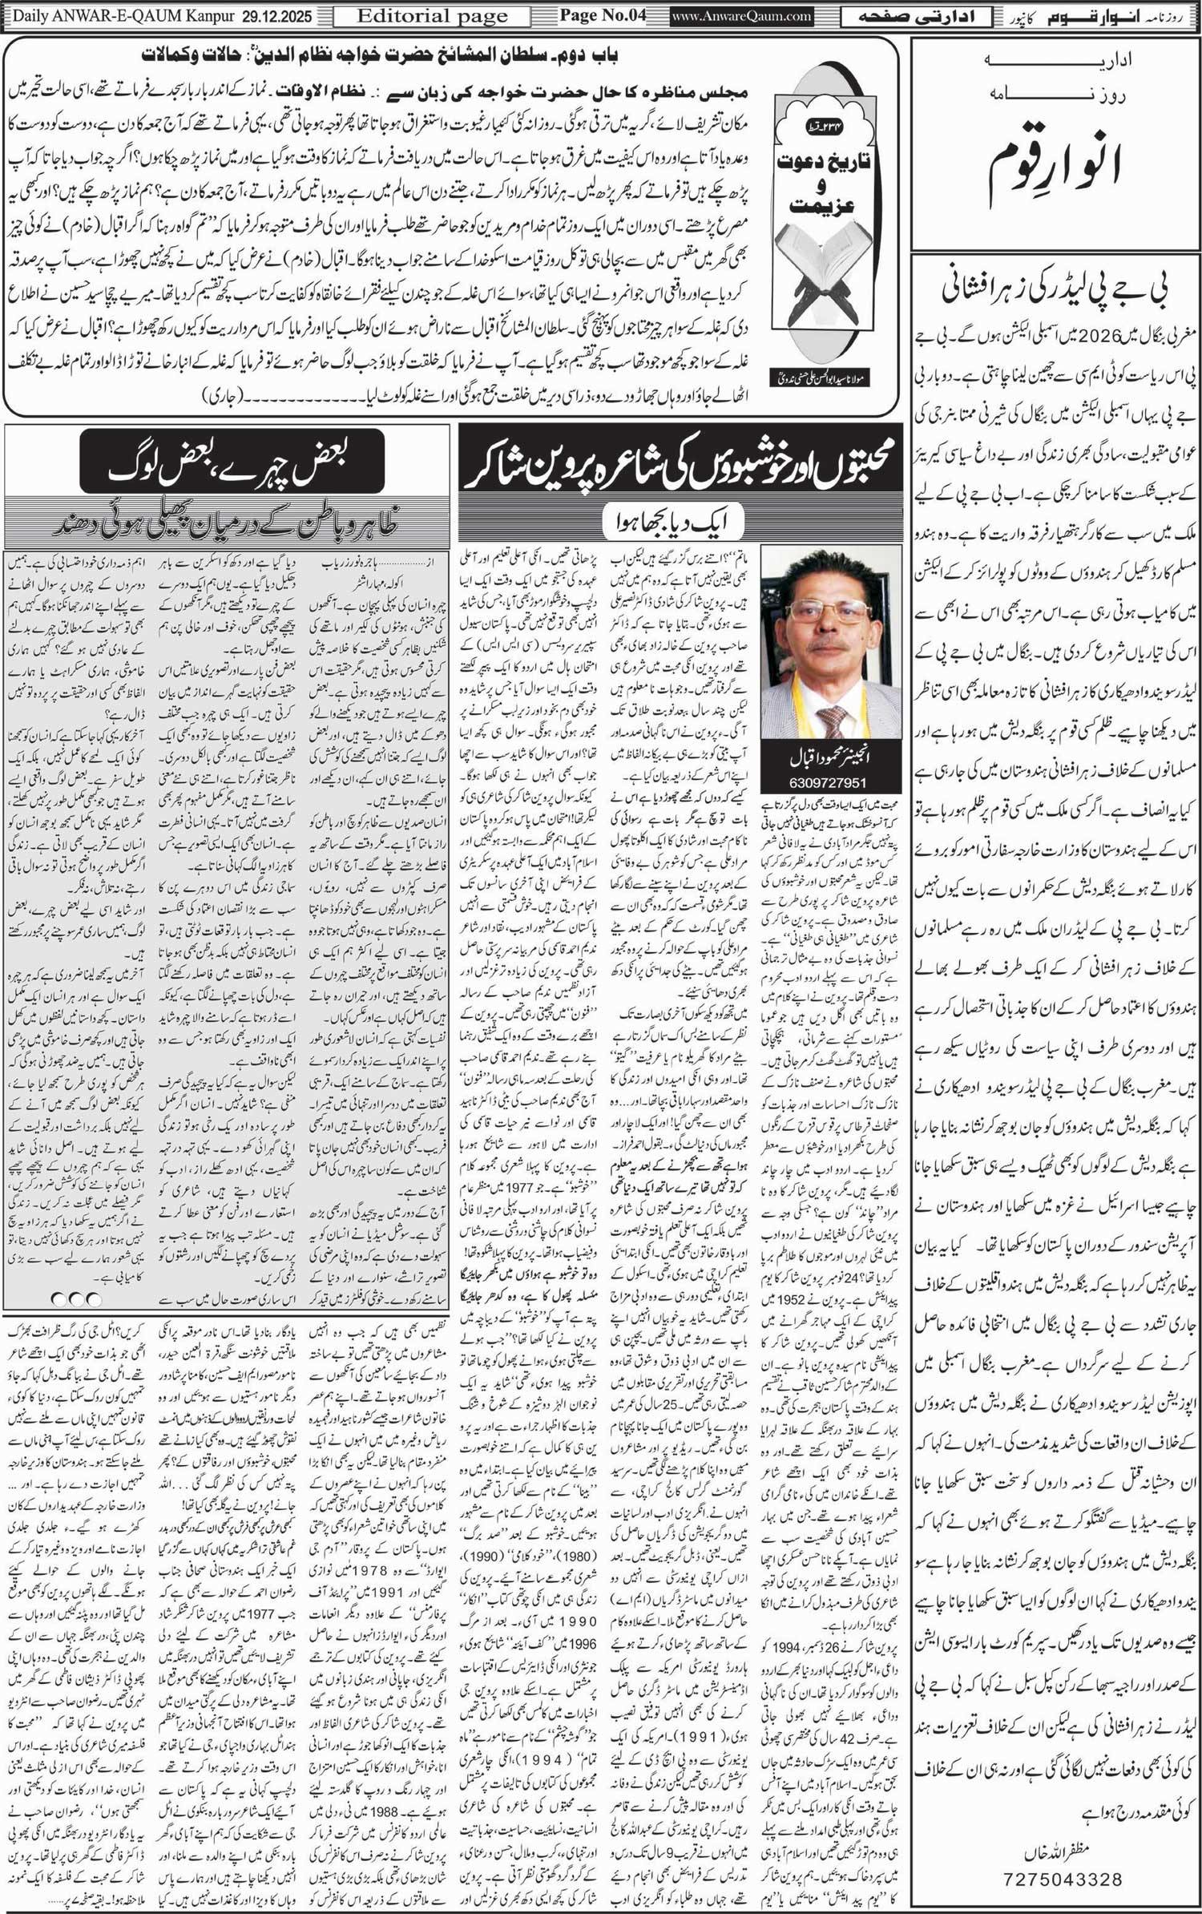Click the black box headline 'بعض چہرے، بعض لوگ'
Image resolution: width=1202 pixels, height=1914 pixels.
pyautogui.click(x=232, y=462)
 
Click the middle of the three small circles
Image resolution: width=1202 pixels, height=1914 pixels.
pyautogui.click(x=76, y=1298)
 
